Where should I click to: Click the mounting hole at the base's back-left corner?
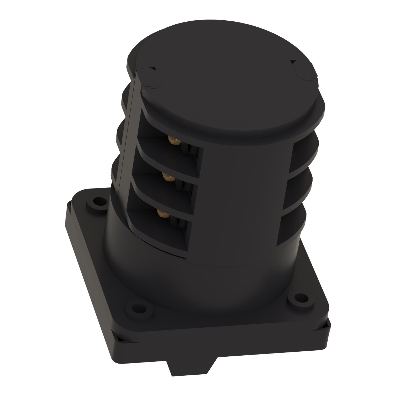98,202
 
